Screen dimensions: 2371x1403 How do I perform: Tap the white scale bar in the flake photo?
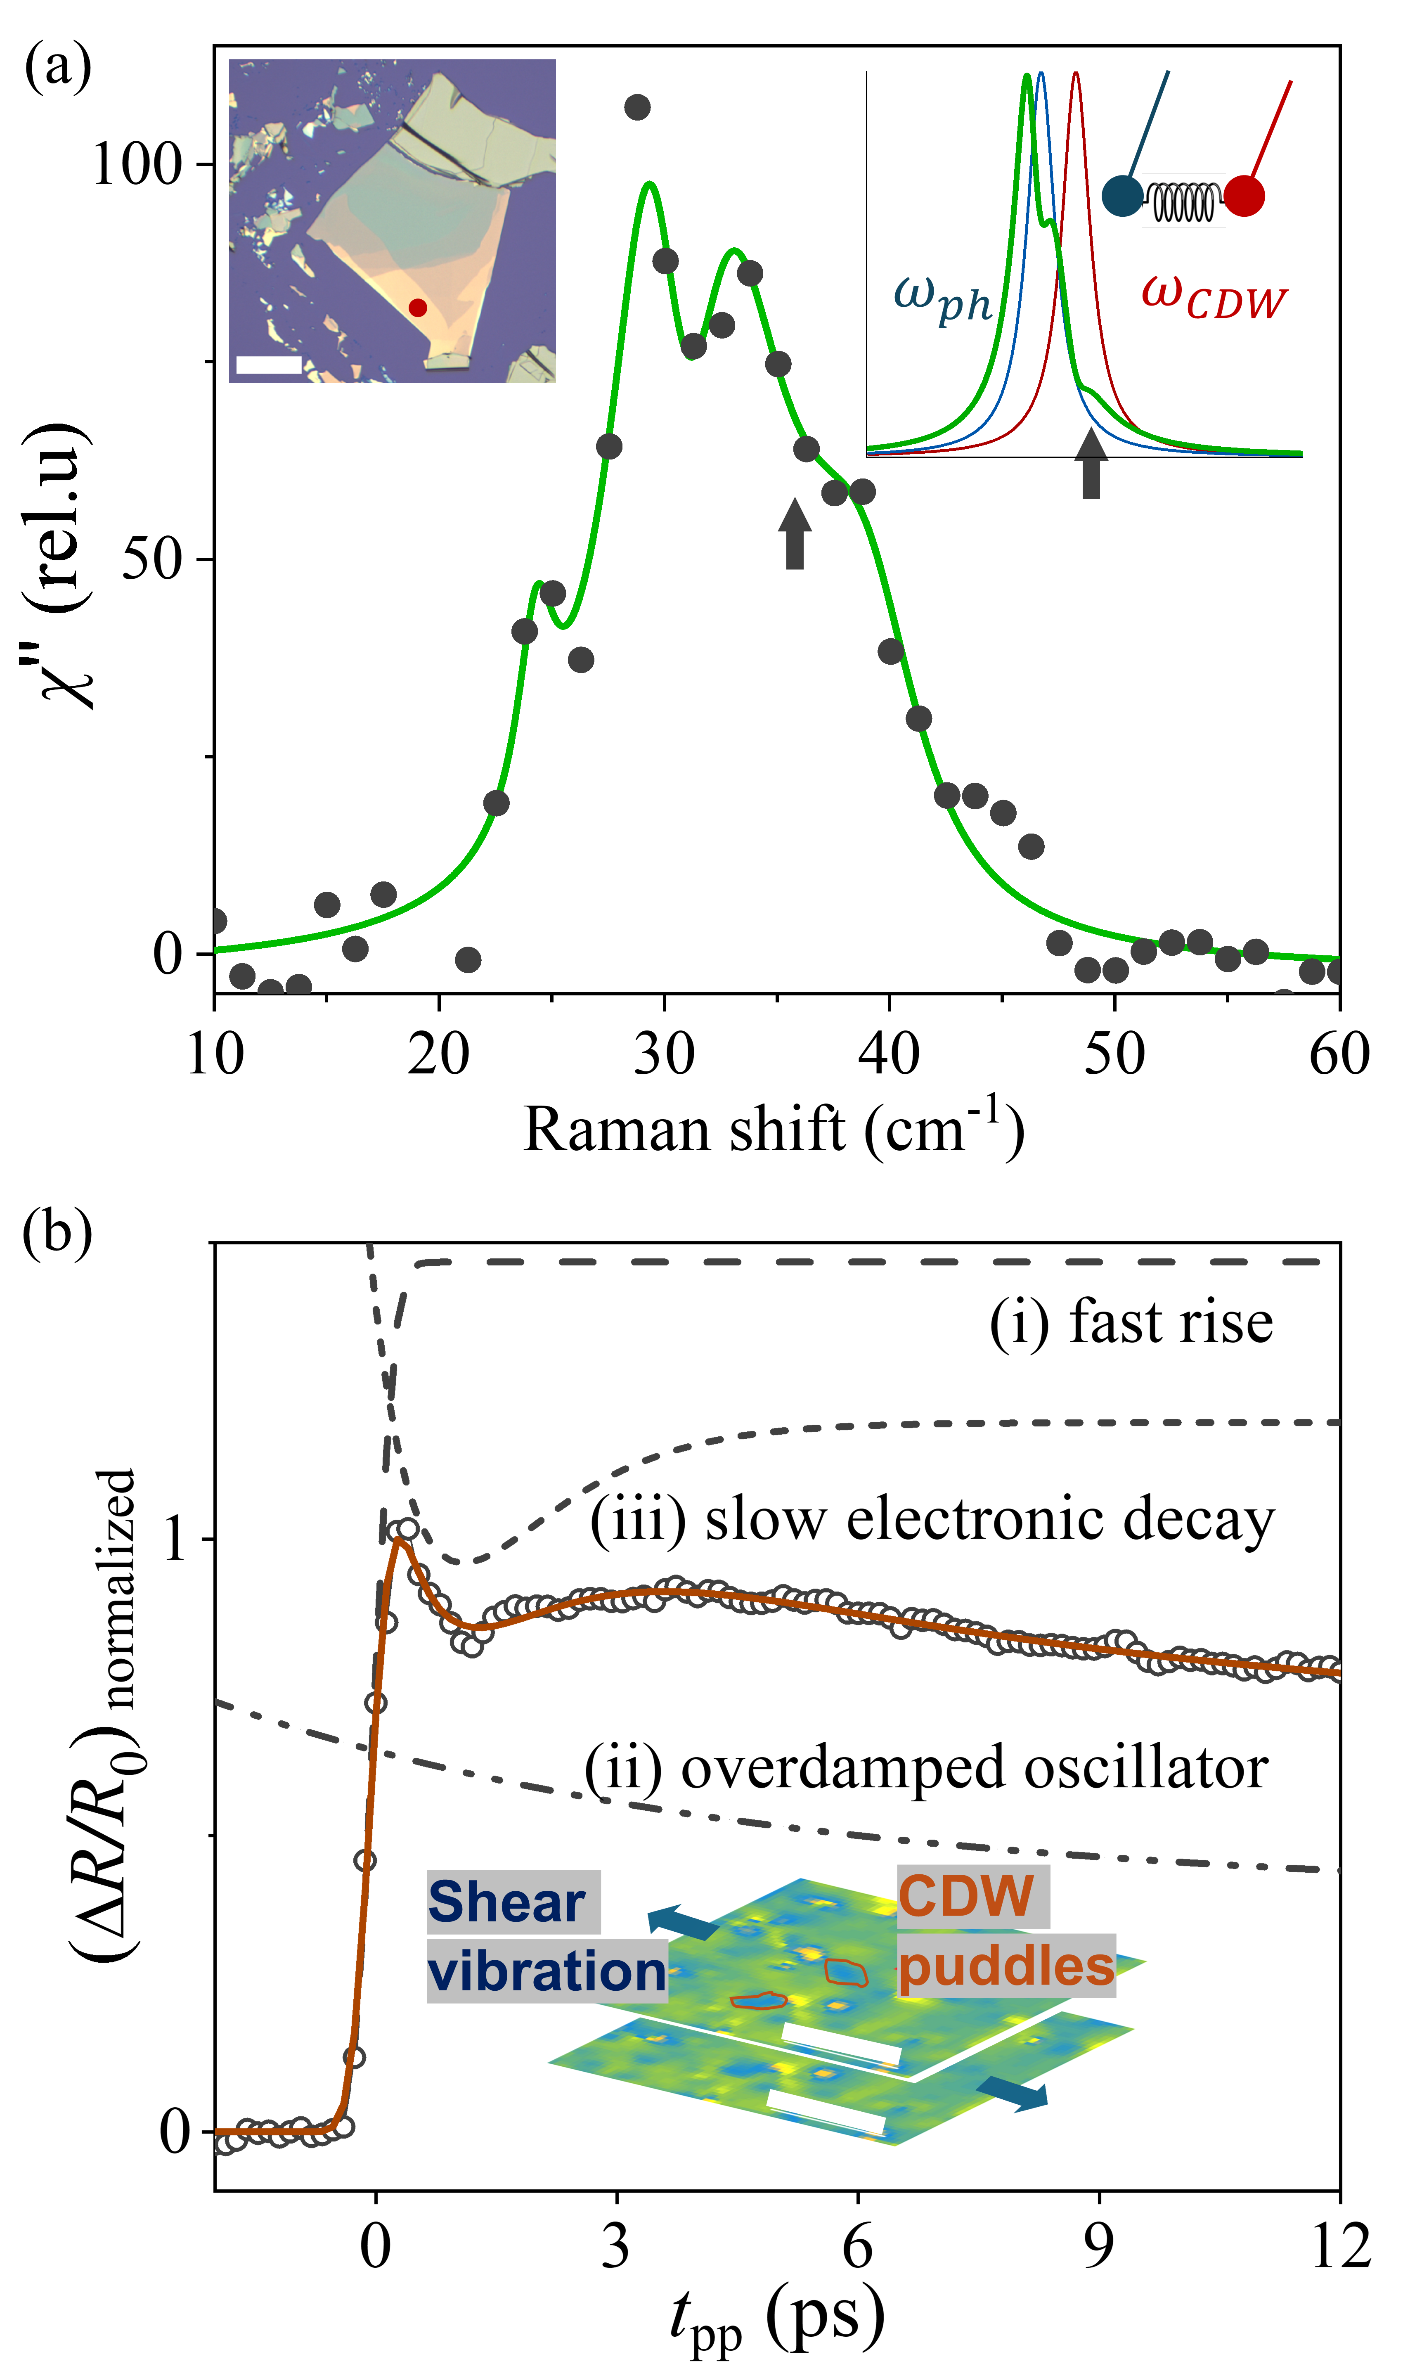point(268,364)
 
